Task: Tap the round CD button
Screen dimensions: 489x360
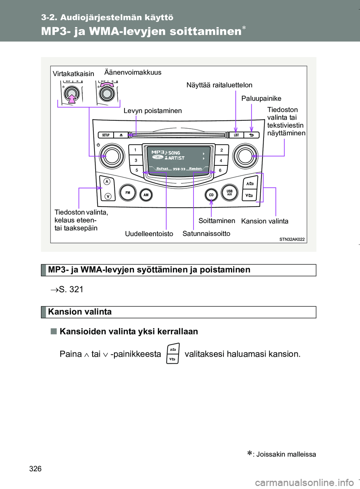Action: click(x=211, y=195)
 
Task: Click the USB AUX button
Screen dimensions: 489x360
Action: click(x=229, y=192)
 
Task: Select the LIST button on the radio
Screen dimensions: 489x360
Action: click(x=236, y=135)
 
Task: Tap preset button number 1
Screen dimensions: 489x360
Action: click(x=135, y=150)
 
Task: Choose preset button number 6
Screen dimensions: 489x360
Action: click(x=220, y=170)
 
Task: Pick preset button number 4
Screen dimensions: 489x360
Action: click(x=221, y=160)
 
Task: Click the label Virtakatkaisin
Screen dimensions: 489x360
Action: click(x=73, y=74)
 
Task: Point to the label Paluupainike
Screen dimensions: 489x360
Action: click(x=261, y=99)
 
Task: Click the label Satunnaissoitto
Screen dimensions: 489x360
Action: click(x=206, y=234)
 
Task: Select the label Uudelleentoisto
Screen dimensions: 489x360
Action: click(x=149, y=234)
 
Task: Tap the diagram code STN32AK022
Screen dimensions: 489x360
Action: click(x=292, y=239)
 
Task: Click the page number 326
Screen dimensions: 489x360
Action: click(x=35, y=469)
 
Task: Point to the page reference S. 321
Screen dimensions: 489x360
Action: click(x=71, y=289)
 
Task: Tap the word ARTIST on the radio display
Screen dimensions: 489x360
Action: click(x=176, y=158)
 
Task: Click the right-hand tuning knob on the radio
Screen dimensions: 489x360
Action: click(x=245, y=156)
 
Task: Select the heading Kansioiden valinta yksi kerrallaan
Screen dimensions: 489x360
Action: click(x=129, y=331)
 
